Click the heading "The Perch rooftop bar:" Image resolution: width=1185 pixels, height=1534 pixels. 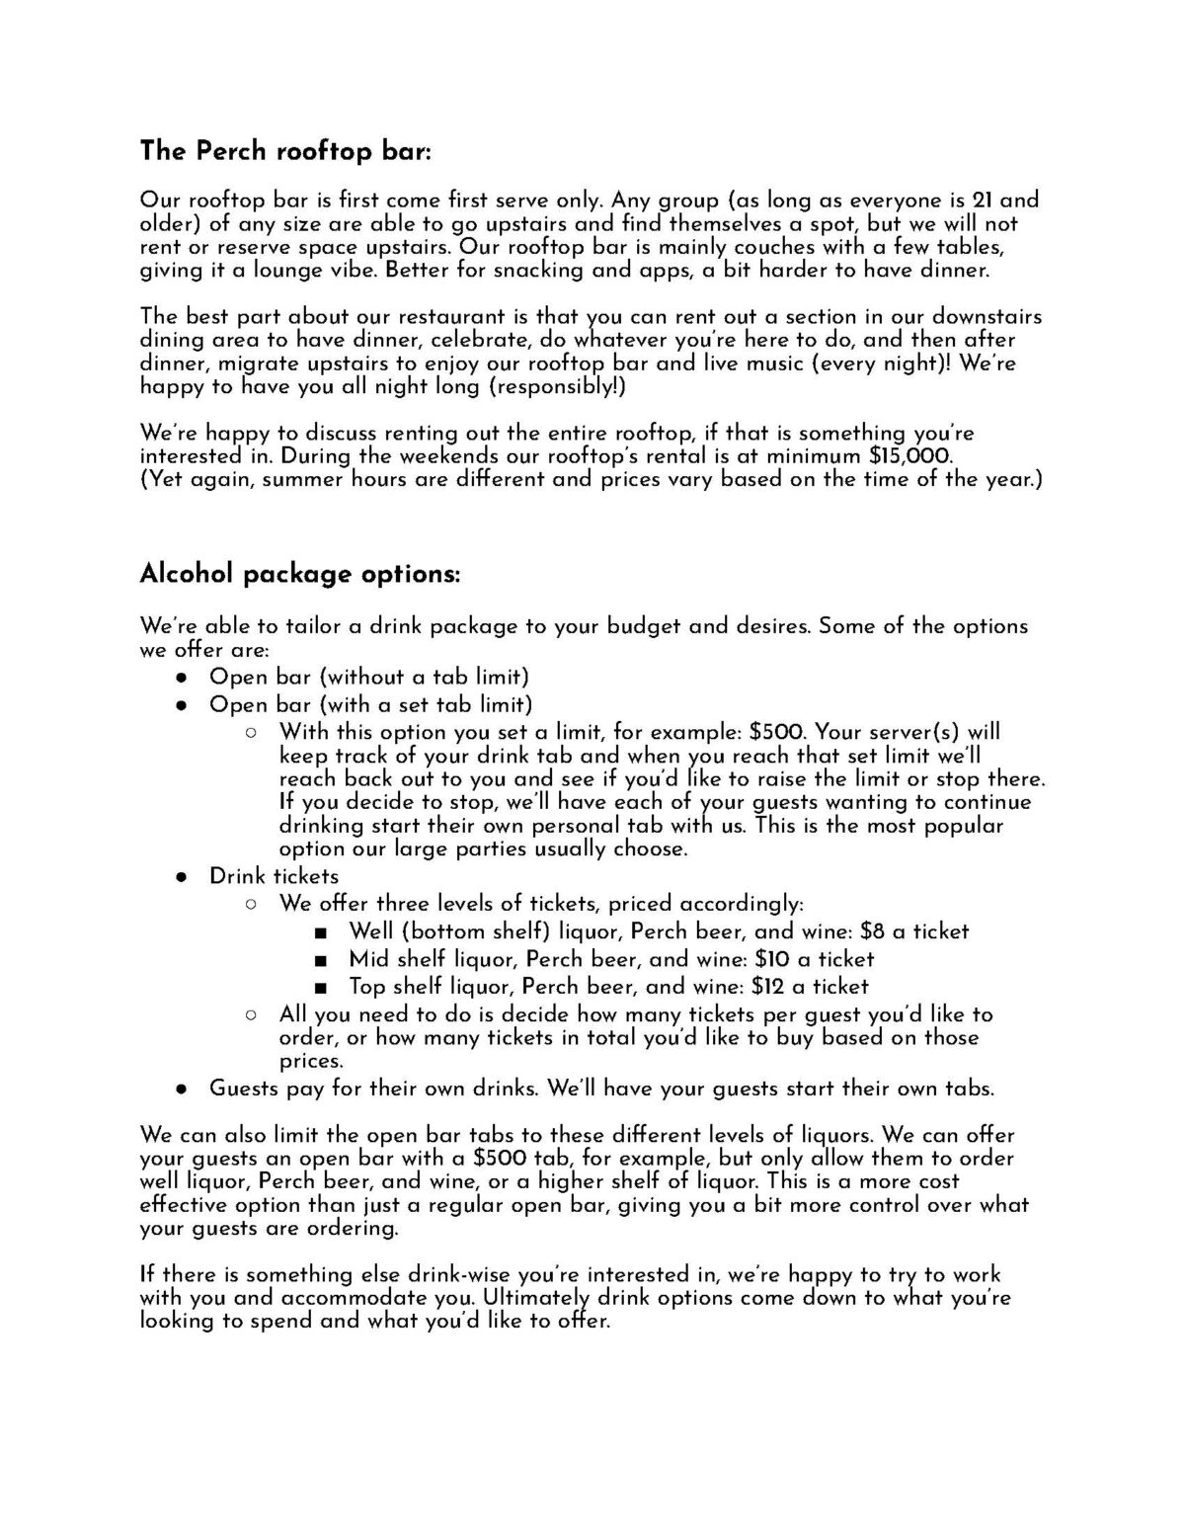[x=286, y=151]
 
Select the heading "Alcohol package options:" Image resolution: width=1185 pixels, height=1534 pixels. [x=300, y=574]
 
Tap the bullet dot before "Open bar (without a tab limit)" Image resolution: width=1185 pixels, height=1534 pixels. [x=181, y=678]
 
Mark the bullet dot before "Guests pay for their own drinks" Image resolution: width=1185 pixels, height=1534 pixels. [x=181, y=1090]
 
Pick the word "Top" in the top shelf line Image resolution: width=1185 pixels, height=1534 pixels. [x=367, y=987]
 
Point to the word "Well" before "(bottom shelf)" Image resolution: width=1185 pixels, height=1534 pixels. [x=370, y=931]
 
